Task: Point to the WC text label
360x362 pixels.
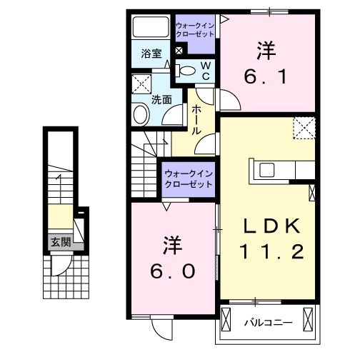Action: pyautogui.click(x=205, y=70)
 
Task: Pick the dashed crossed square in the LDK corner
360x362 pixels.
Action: pyautogui.click(x=304, y=130)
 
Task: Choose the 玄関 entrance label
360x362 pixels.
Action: pyautogui.click(x=59, y=242)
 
